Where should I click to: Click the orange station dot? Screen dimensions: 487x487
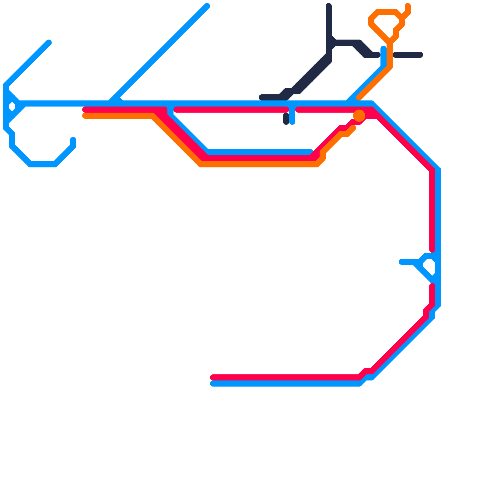(359, 116)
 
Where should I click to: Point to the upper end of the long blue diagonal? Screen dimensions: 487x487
(207, 6)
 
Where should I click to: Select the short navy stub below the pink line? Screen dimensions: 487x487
(286, 119)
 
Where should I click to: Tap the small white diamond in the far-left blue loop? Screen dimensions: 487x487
(12, 107)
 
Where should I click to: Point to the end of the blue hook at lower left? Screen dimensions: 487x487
(73, 140)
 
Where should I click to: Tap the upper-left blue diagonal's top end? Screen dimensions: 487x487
(49, 42)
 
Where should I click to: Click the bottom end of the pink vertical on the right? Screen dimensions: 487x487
(432, 250)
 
